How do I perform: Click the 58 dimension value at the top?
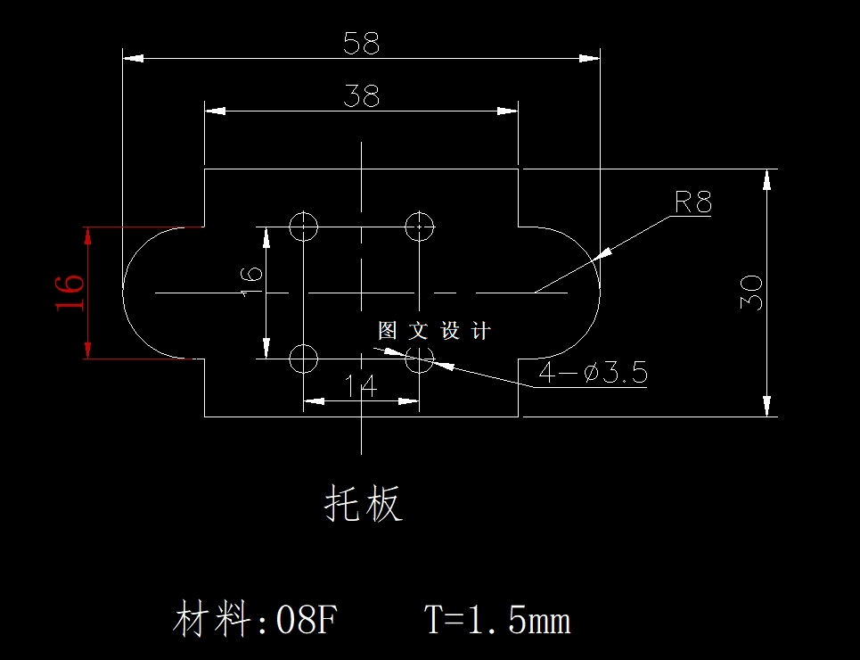click(361, 44)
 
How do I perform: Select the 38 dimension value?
click(361, 96)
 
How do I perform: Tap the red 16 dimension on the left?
click(71, 293)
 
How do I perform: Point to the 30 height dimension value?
click(750, 293)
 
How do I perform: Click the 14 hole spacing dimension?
click(361, 386)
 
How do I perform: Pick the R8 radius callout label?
click(692, 203)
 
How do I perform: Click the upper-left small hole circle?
click(304, 227)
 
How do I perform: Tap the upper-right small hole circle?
click(419, 227)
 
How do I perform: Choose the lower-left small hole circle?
click(304, 359)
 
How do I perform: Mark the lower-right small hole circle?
click(419, 359)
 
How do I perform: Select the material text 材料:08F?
click(255, 620)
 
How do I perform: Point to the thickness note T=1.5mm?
click(497, 620)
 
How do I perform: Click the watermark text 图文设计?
click(434, 332)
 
